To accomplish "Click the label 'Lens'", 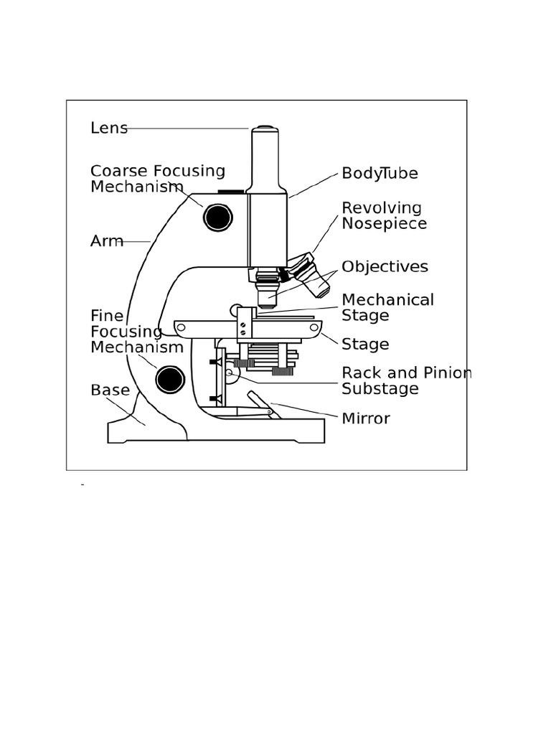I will [x=109, y=128].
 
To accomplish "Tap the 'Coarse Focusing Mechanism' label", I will [x=157, y=179].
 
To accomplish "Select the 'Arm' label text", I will [x=106, y=241].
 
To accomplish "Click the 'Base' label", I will [x=110, y=390].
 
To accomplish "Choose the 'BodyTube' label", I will [x=380, y=174].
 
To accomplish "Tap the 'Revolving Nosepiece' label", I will [x=384, y=215].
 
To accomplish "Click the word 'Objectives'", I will [x=385, y=267].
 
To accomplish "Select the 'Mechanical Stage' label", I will [x=387, y=307].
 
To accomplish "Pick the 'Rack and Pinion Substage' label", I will [x=406, y=381].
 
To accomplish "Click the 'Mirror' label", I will [x=366, y=418].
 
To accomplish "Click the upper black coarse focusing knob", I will [x=218, y=217].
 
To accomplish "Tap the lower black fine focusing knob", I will [x=170, y=379].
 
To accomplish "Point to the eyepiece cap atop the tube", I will [x=265, y=129].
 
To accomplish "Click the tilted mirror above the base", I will [x=263, y=404].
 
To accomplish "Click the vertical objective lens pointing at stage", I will [x=267, y=292].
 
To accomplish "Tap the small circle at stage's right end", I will [x=313, y=327].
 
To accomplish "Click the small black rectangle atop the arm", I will [x=231, y=192].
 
